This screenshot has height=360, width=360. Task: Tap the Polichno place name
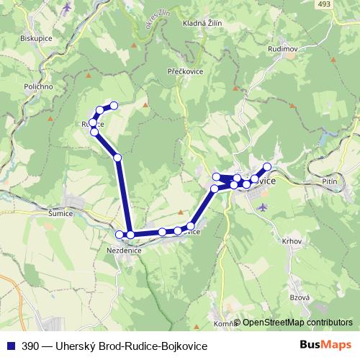38,86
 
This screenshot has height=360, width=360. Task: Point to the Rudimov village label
282,49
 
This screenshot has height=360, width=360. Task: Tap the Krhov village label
292,241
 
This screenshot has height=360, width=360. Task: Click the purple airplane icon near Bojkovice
262,207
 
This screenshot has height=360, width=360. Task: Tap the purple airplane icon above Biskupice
68,8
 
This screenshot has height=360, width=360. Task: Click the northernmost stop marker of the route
113,106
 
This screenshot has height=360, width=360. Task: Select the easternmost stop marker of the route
268,168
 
